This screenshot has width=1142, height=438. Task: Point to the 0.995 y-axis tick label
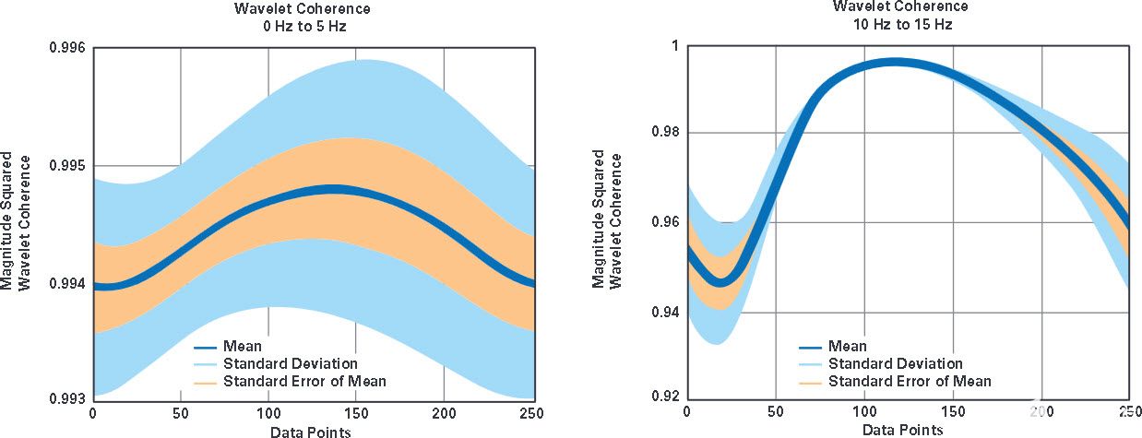coord(66,166)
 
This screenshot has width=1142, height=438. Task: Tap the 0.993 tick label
coord(66,399)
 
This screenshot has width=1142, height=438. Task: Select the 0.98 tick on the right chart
coord(662,133)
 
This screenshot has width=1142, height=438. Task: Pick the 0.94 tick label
coord(662,312)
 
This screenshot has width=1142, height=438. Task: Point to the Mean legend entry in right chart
coord(847,347)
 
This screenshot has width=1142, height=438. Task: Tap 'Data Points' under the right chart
coord(903,430)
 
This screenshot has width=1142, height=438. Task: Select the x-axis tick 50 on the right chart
coord(775,411)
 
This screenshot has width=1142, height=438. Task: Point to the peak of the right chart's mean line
coord(893,63)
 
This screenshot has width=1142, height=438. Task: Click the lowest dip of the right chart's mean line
coord(722,279)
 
